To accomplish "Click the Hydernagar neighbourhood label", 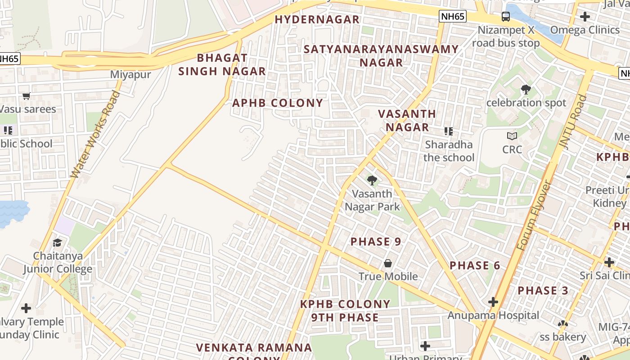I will pos(317,19).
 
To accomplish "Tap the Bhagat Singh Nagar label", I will pos(222,64).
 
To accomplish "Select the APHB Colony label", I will pos(278,103).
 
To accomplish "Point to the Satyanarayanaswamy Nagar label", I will pos(381,55).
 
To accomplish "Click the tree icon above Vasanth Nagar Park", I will pos(372,181).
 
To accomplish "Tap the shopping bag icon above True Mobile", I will pos(388,263).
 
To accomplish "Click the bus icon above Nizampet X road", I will pos(506,17).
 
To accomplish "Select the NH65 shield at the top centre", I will pos(453,17).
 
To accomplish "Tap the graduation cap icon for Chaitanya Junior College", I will pos(58,243).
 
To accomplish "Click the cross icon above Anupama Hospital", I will pos(493,302).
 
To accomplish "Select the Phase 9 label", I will pos(376,242).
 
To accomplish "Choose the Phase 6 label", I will pos(475,265).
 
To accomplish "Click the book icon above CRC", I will pos(512,136).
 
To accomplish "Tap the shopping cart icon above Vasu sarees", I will pos(27,96).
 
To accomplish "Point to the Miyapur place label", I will pos(130,75).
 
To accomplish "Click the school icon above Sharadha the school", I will pos(448,131).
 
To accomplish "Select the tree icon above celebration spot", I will pos(526,90).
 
